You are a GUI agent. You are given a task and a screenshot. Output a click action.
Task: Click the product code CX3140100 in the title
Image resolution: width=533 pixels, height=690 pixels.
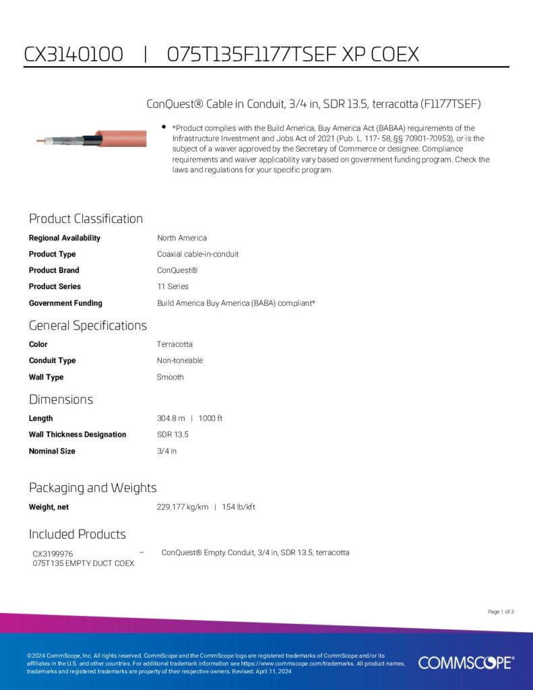73,54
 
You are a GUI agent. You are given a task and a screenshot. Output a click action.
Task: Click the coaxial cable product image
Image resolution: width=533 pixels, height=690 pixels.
91,139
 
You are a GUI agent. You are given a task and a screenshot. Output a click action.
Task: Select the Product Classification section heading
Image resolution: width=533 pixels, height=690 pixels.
86,218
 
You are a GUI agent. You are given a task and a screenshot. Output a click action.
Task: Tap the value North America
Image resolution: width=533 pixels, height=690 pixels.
182,238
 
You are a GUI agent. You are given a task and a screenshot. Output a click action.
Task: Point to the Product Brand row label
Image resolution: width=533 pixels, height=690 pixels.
54,270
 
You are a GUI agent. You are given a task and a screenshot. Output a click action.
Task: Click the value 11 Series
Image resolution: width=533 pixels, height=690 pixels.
173,286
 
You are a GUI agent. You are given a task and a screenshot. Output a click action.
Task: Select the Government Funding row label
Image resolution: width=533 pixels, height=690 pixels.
65,303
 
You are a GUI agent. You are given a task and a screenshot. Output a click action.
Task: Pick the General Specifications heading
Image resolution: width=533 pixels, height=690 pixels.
88,325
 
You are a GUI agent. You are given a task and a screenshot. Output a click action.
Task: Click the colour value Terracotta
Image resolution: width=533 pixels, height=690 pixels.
175,344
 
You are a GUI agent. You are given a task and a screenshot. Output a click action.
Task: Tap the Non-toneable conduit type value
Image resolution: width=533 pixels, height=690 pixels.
180,360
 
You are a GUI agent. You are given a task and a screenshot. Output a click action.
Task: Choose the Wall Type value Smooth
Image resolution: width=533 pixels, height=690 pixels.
170,377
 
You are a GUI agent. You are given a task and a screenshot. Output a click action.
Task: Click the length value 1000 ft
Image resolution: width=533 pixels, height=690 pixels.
210,418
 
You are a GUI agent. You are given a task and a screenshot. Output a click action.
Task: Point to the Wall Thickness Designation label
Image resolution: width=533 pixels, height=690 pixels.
77,435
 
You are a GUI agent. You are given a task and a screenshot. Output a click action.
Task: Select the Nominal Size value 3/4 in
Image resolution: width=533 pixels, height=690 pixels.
166,451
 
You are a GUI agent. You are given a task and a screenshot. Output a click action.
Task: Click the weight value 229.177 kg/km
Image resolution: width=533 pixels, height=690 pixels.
183,507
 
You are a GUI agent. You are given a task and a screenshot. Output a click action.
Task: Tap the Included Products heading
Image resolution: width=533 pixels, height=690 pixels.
77,534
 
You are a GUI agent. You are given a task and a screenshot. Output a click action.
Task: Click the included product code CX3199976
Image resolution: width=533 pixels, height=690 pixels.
53,554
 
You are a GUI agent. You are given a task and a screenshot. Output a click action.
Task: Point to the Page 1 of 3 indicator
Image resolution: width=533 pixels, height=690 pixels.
501,612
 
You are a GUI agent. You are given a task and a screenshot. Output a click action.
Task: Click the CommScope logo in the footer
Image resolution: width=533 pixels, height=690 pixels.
466,662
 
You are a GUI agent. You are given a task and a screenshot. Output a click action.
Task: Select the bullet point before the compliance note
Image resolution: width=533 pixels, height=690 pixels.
164,127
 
